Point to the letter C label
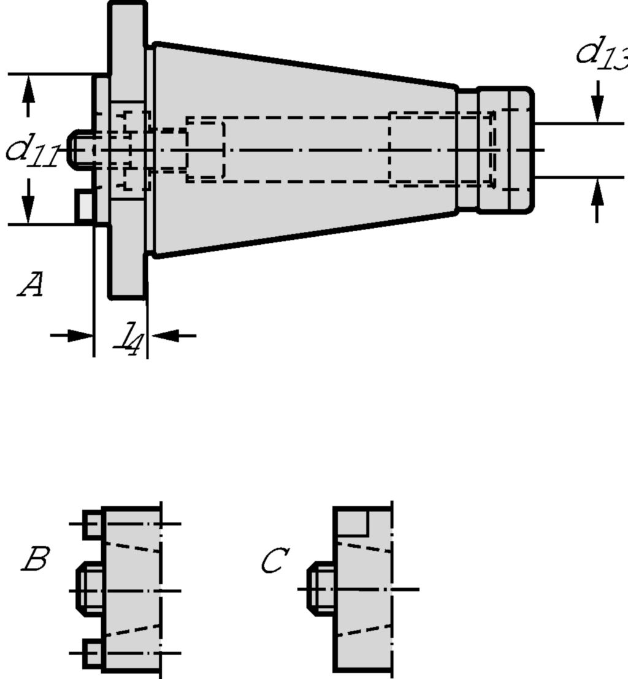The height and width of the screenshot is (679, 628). click(x=274, y=561)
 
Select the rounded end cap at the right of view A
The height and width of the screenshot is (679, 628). click(x=504, y=150)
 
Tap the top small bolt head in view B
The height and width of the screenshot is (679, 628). click(x=93, y=524)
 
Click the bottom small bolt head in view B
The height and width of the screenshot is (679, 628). click(x=93, y=653)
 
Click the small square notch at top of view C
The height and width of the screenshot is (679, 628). click(x=352, y=521)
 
